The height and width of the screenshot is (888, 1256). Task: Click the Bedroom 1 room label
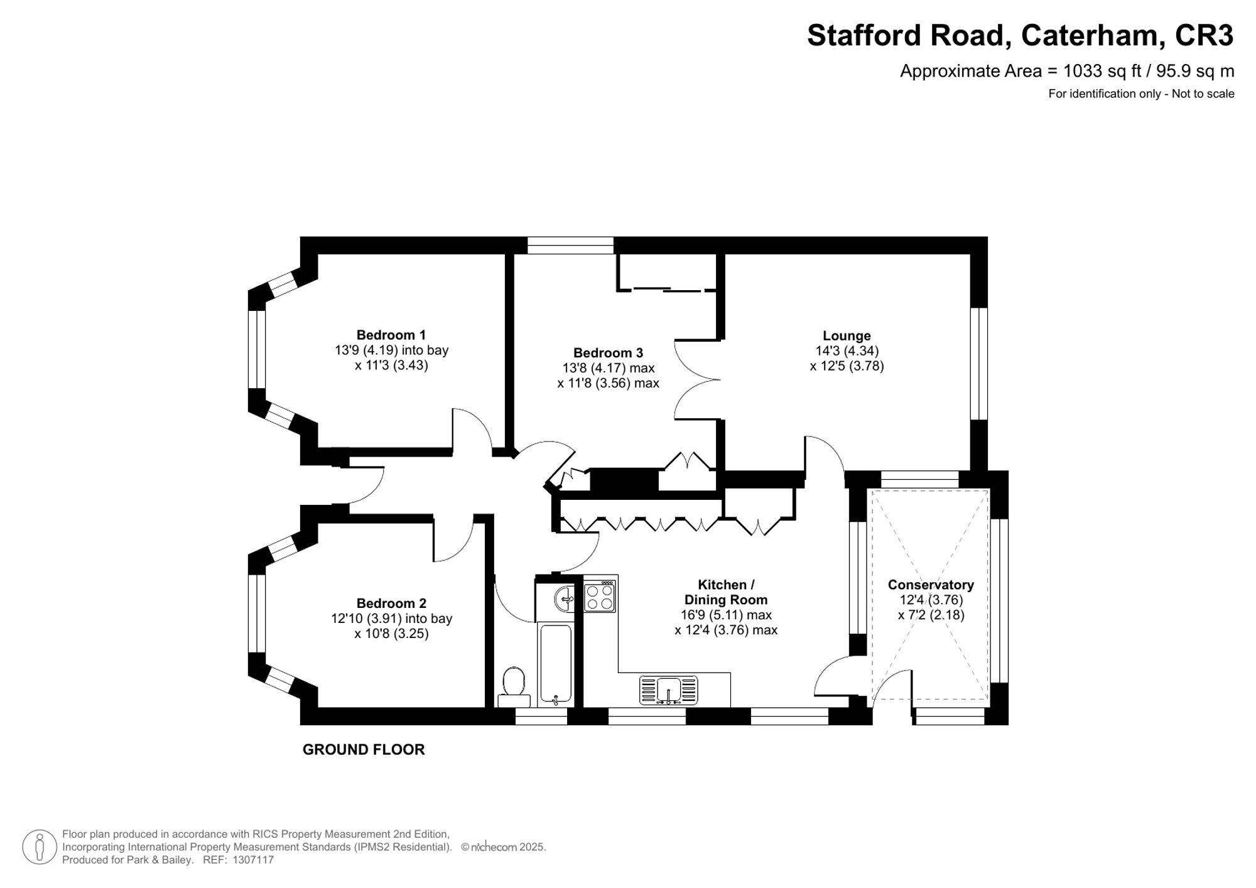(391, 335)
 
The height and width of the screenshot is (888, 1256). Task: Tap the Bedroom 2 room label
(391, 604)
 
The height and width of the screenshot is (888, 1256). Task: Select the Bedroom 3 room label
(607, 353)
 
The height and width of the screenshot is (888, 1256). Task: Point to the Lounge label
(847, 336)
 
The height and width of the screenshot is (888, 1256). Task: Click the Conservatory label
(930, 585)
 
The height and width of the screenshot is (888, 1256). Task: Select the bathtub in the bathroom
(555, 663)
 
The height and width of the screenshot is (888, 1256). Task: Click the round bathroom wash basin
(565, 598)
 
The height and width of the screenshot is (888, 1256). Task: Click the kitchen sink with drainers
(668, 690)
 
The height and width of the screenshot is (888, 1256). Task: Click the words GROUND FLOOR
(364, 749)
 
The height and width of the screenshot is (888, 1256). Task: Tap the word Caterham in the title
(1090, 35)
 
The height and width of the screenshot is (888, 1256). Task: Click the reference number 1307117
(253, 860)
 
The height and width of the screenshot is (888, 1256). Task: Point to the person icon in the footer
(40, 847)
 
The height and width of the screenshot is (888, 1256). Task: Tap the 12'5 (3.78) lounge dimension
(847, 366)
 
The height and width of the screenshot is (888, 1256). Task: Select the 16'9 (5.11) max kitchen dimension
(726, 615)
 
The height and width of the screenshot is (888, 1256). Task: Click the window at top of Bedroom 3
(570, 245)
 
